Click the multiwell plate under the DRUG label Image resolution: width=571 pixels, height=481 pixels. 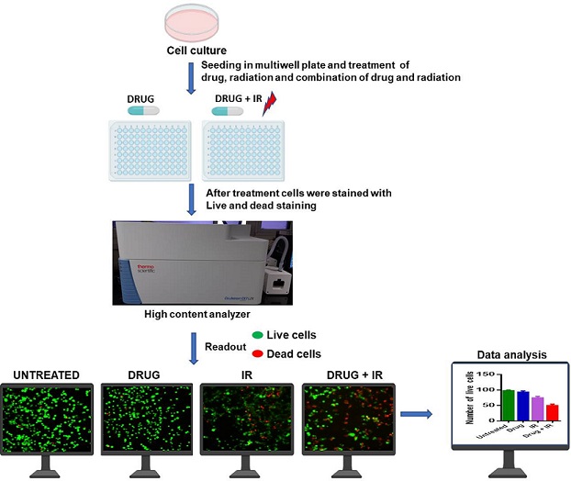[149, 151]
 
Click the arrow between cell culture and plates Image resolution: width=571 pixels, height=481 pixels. [191, 79]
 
